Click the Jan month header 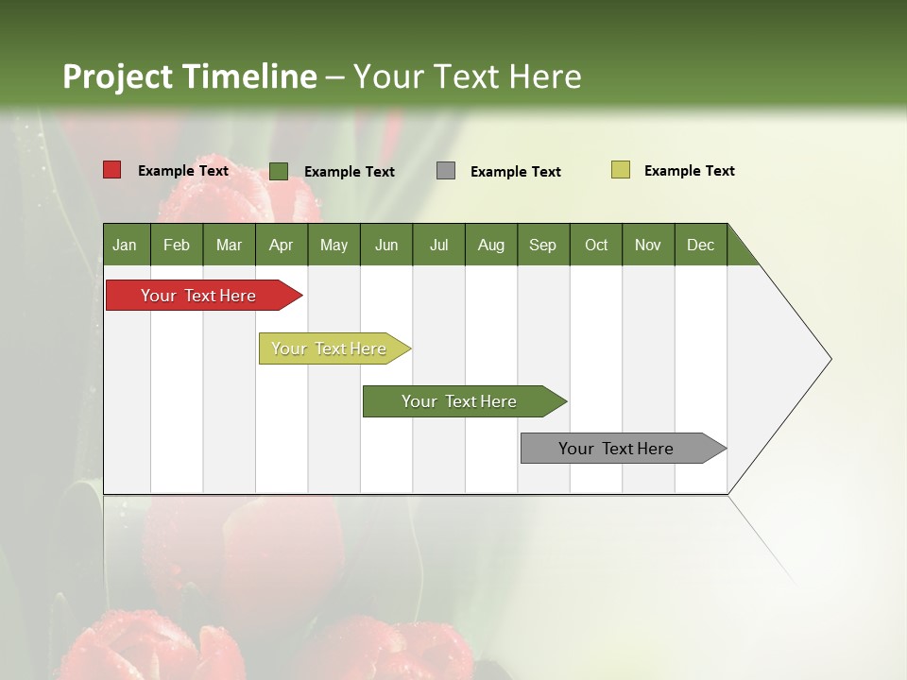[x=125, y=245]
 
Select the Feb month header [x=177, y=245]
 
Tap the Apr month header [x=281, y=245]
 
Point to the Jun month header [x=386, y=245]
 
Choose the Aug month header [x=490, y=245]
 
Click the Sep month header [x=542, y=245]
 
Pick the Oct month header [x=596, y=245]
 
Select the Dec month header [x=700, y=245]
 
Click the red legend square [x=112, y=170]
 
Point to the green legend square [x=279, y=171]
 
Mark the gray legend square [x=446, y=171]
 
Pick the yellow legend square [x=620, y=170]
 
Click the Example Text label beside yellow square [x=689, y=171]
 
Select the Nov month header [x=648, y=245]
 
